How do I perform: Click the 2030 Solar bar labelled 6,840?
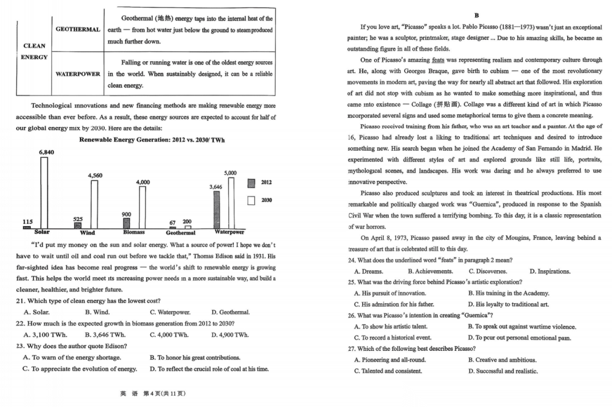tap(44, 193)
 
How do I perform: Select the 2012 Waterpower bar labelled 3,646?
tap(216, 210)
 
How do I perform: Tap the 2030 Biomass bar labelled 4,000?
tap(143, 207)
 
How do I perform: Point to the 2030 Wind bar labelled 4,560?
tap(95, 205)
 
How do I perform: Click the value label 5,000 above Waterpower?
tap(231, 172)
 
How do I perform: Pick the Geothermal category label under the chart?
tap(180, 232)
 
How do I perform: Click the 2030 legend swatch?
tap(251, 200)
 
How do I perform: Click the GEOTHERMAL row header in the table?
tap(78, 29)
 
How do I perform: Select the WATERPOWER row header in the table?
tap(78, 74)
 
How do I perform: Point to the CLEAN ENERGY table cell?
tap(35, 52)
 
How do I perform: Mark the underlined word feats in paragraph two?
tap(438, 60)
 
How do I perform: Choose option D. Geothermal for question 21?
tap(230, 312)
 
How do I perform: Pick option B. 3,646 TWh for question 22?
tap(105, 334)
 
